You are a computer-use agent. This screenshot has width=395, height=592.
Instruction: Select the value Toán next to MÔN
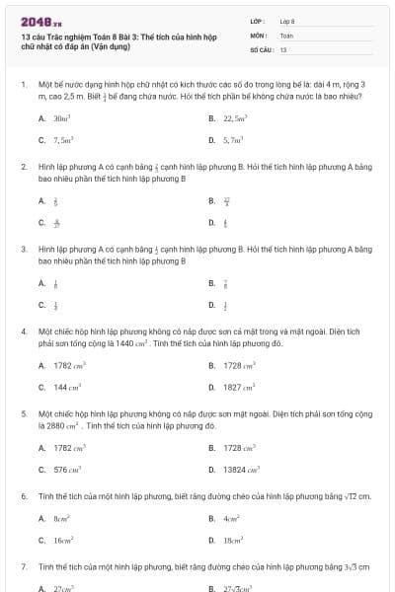point(286,35)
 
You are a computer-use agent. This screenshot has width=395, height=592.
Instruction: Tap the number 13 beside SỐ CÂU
point(283,48)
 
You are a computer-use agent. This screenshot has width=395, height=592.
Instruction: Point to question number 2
point(24,168)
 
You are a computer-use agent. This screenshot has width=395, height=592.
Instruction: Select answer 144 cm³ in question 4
point(62,388)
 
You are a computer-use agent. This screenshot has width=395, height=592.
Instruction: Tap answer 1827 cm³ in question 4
point(237,388)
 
